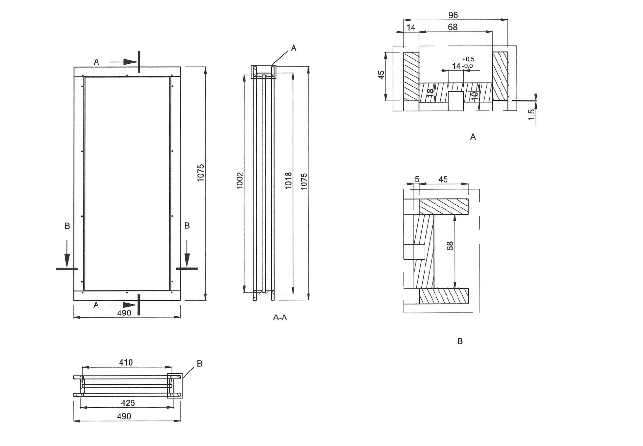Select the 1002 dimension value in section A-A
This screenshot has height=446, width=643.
tap(240, 180)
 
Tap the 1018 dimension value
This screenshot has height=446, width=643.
tap(288, 180)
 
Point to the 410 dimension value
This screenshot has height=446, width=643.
tap(126, 363)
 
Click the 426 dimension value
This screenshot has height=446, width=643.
tap(128, 403)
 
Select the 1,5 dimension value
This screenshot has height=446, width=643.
tap(531, 114)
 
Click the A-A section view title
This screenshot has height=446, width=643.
tap(280, 317)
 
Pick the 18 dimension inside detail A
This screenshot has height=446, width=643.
tap(430, 92)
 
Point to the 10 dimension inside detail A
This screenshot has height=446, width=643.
tap(474, 95)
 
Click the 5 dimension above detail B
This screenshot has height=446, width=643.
tap(417, 179)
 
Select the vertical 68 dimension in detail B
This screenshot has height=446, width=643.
tap(449, 246)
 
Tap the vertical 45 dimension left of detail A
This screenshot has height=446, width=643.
tap(381, 75)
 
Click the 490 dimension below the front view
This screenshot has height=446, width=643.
tap(124, 313)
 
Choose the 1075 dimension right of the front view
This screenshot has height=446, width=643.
tap(201, 173)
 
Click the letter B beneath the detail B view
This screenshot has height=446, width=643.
tap(460, 341)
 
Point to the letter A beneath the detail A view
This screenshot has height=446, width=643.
tap(473, 137)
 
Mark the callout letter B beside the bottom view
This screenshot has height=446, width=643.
tap(199, 364)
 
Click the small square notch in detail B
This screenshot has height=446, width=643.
tap(419, 250)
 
